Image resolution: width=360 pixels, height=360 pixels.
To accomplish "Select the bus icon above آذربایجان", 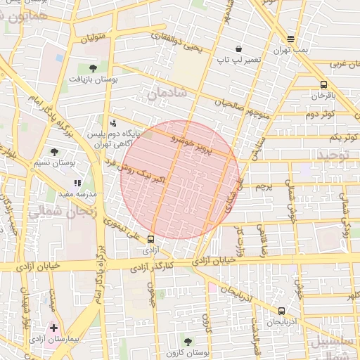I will point(282,311).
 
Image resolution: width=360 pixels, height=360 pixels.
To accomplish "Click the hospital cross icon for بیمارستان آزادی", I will point(54,328).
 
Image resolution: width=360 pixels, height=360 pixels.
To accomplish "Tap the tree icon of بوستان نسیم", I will point(55,151).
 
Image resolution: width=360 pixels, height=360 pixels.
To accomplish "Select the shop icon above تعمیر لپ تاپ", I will point(239,49).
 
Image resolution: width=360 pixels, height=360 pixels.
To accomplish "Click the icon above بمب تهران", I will point(291,39).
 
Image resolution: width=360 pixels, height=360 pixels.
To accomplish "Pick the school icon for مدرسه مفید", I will point(77,183).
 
